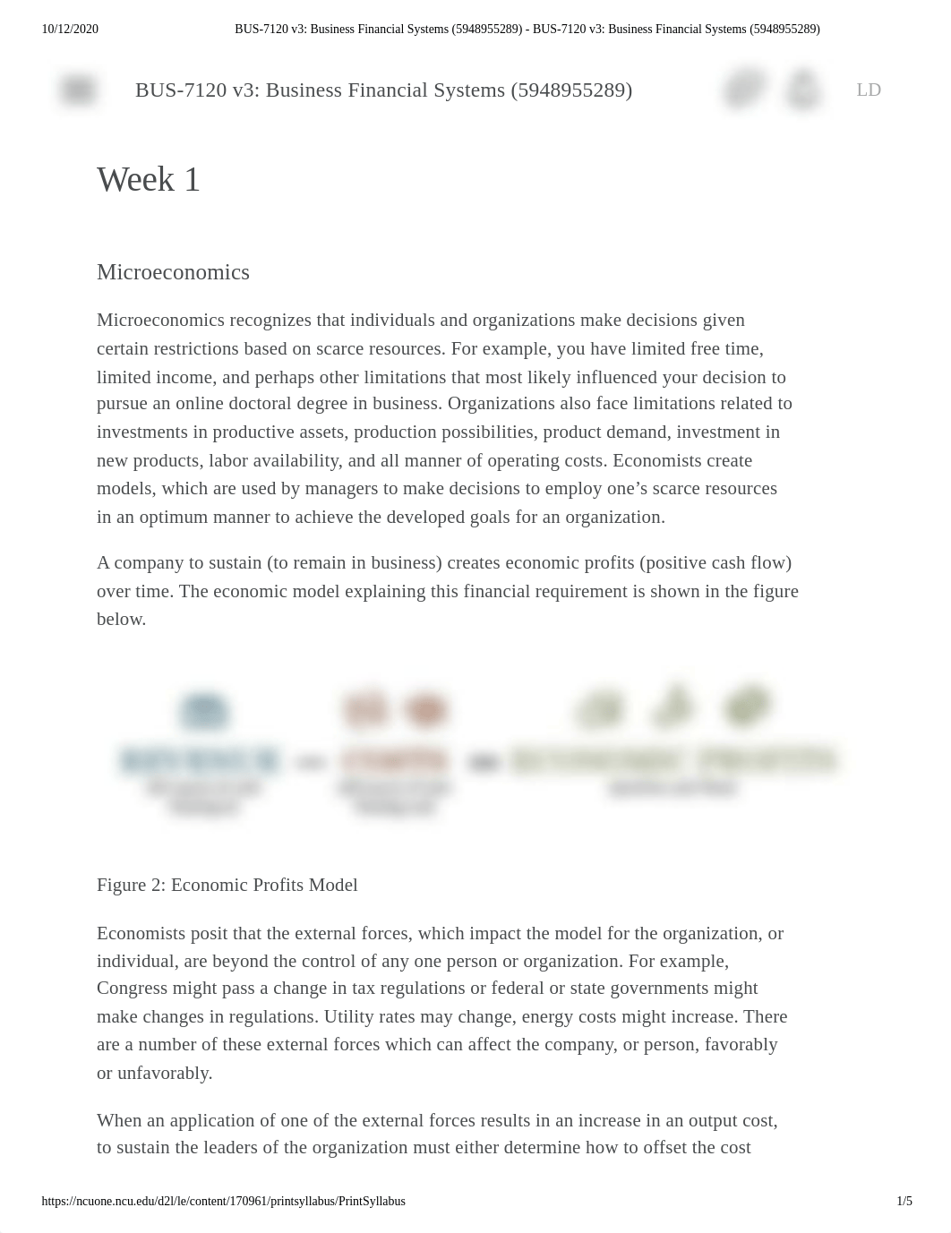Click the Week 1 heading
coord(149,180)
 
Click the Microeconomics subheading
coord(173,272)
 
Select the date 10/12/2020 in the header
coord(70,30)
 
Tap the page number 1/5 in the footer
coord(904,1202)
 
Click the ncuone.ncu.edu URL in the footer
coord(223,1202)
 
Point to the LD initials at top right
coord(869,90)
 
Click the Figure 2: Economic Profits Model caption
coord(227,885)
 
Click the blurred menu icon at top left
coord(78,90)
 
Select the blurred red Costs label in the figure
coord(394,761)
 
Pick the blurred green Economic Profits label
coord(673,761)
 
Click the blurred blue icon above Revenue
coord(204,712)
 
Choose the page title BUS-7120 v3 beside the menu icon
coord(383,90)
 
